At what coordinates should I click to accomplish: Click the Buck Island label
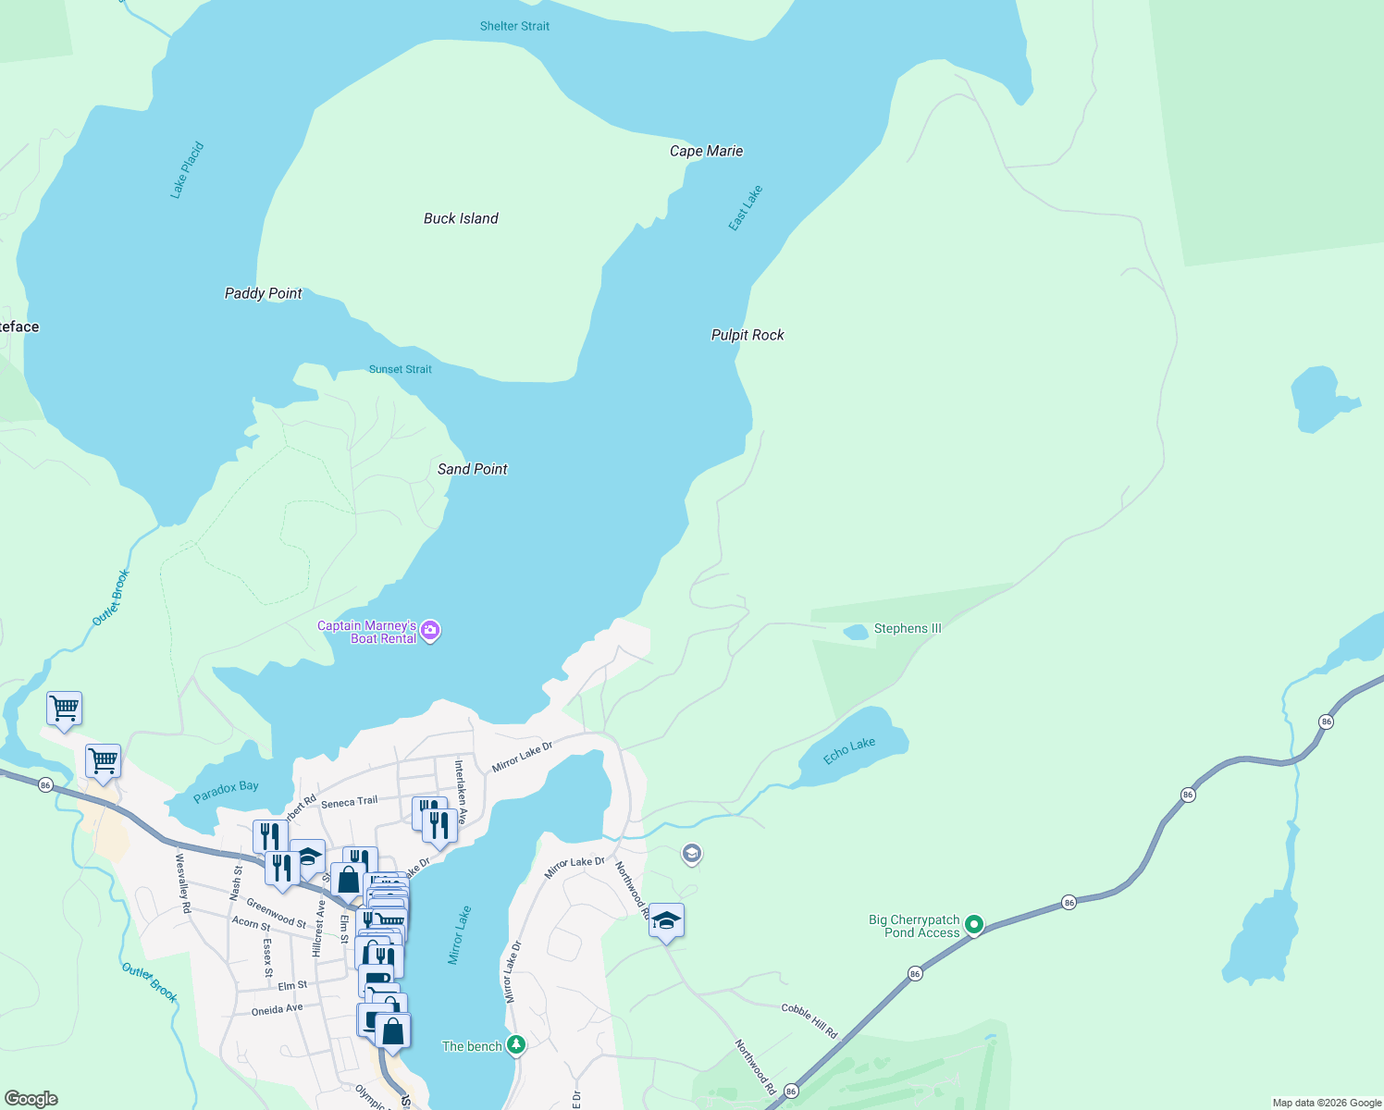pyautogui.click(x=461, y=218)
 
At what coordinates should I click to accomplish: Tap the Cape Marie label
pyautogui.click(x=706, y=151)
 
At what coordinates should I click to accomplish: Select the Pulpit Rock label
pyautogui.click(x=748, y=335)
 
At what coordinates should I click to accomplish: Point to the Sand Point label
pyautogui.click(x=472, y=469)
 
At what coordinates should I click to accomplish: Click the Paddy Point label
pyautogui.click(x=263, y=293)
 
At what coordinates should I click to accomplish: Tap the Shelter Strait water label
pyautogui.click(x=514, y=26)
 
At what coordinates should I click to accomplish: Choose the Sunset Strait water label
pyautogui.click(x=400, y=369)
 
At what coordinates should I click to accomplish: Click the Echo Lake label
pyautogui.click(x=849, y=750)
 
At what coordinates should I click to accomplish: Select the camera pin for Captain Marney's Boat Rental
pyautogui.click(x=430, y=632)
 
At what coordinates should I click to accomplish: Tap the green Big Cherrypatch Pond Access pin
pyautogui.click(x=973, y=924)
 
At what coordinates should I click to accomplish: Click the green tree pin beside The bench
pyautogui.click(x=516, y=1045)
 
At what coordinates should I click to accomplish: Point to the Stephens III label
pyautogui.click(x=907, y=628)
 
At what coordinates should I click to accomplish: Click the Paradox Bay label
pyautogui.click(x=226, y=792)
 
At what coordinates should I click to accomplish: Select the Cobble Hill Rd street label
pyautogui.click(x=809, y=1020)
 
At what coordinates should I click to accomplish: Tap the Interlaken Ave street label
pyautogui.click(x=460, y=792)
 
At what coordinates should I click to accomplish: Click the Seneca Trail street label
pyautogui.click(x=349, y=802)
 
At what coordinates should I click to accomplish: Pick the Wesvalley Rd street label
pyautogui.click(x=183, y=882)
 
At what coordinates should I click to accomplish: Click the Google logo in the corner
pyautogui.click(x=31, y=1099)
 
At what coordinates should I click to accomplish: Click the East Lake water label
pyautogui.click(x=745, y=208)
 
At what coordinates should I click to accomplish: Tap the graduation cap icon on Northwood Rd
pyautogui.click(x=666, y=921)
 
